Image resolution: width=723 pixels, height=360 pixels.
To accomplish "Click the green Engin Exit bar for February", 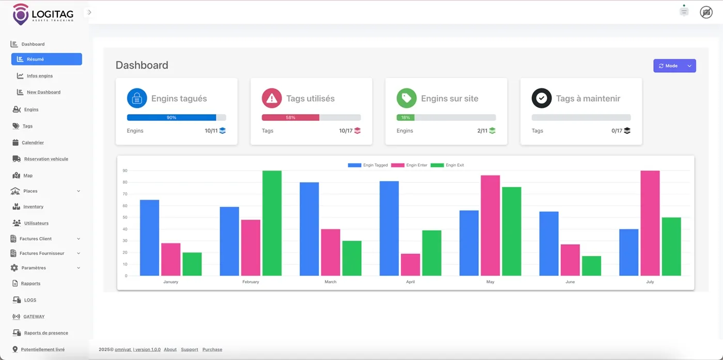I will click(272, 223).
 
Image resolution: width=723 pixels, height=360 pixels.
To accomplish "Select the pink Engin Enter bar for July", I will click(650, 223).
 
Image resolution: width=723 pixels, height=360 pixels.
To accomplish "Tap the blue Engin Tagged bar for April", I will click(389, 228).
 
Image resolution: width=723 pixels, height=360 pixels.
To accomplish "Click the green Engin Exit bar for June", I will click(591, 266).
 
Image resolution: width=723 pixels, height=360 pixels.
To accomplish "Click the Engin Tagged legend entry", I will click(368, 165).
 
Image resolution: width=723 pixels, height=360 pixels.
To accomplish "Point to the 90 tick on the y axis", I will click(125, 170).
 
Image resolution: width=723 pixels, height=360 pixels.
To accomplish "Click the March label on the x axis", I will click(331, 282).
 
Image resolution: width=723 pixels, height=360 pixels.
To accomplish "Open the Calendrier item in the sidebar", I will click(33, 143).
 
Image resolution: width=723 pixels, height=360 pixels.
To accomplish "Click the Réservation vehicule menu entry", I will click(46, 159).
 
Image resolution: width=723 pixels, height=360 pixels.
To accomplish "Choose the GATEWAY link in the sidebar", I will click(34, 317).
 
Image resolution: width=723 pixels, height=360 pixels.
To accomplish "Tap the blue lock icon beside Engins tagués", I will click(137, 98).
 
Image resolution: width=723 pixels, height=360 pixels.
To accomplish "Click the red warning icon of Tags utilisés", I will click(272, 98).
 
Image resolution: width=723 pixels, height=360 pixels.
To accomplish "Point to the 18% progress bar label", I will click(405, 118).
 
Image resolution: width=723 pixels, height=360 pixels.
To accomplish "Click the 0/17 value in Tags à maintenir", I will click(617, 131).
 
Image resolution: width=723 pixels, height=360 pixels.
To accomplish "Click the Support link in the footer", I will click(190, 350).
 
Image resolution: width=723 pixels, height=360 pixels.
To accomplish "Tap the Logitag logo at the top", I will click(43, 14).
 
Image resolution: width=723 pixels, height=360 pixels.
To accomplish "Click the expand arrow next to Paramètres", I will click(78, 268).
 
